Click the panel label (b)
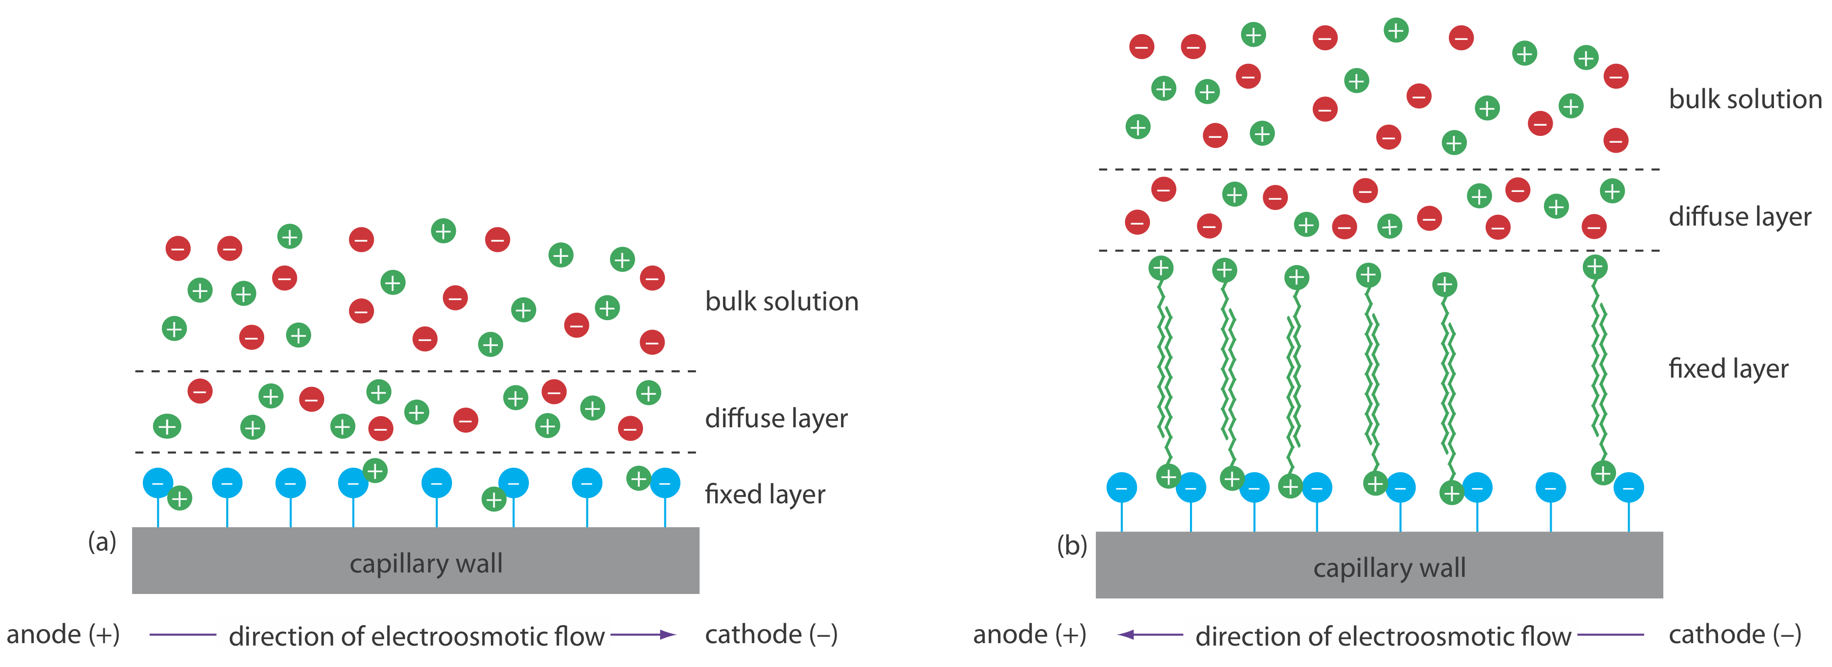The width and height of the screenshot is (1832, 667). coord(1072,546)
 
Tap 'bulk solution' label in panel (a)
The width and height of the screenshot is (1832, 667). coord(781,302)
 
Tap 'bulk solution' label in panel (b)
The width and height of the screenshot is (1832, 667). coord(1745,99)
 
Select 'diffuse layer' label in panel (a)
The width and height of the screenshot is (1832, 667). coord(776,418)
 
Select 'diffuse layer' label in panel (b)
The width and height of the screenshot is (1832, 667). coord(1739,216)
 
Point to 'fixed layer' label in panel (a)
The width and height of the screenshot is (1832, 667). coord(764,494)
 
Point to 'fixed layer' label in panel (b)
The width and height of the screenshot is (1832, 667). coord(1728,368)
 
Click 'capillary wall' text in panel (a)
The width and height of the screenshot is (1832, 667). coord(426,564)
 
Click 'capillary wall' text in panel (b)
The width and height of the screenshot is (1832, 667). coord(1389,568)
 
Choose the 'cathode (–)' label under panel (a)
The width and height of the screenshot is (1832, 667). coord(771,634)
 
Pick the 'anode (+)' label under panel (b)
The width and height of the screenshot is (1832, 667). coord(1029,634)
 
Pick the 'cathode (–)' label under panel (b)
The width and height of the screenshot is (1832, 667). coord(1735,634)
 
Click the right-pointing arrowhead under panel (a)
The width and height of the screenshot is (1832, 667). coord(667,635)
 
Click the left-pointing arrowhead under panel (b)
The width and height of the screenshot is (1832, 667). coord(1126,635)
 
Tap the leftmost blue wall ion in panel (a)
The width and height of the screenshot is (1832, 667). coord(158,483)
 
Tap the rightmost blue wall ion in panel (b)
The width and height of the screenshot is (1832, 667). coord(1629,488)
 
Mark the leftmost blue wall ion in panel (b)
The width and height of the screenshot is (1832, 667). coord(1122,488)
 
